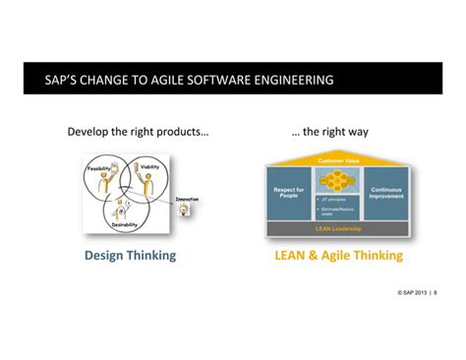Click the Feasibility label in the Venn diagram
(x=99, y=168)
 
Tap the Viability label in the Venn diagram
(x=149, y=167)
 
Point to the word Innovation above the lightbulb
(x=187, y=201)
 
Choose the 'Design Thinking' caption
(x=130, y=256)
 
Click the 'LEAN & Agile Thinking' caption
(x=337, y=256)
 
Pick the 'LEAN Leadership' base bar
(x=336, y=227)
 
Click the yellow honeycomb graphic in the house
(x=336, y=183)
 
